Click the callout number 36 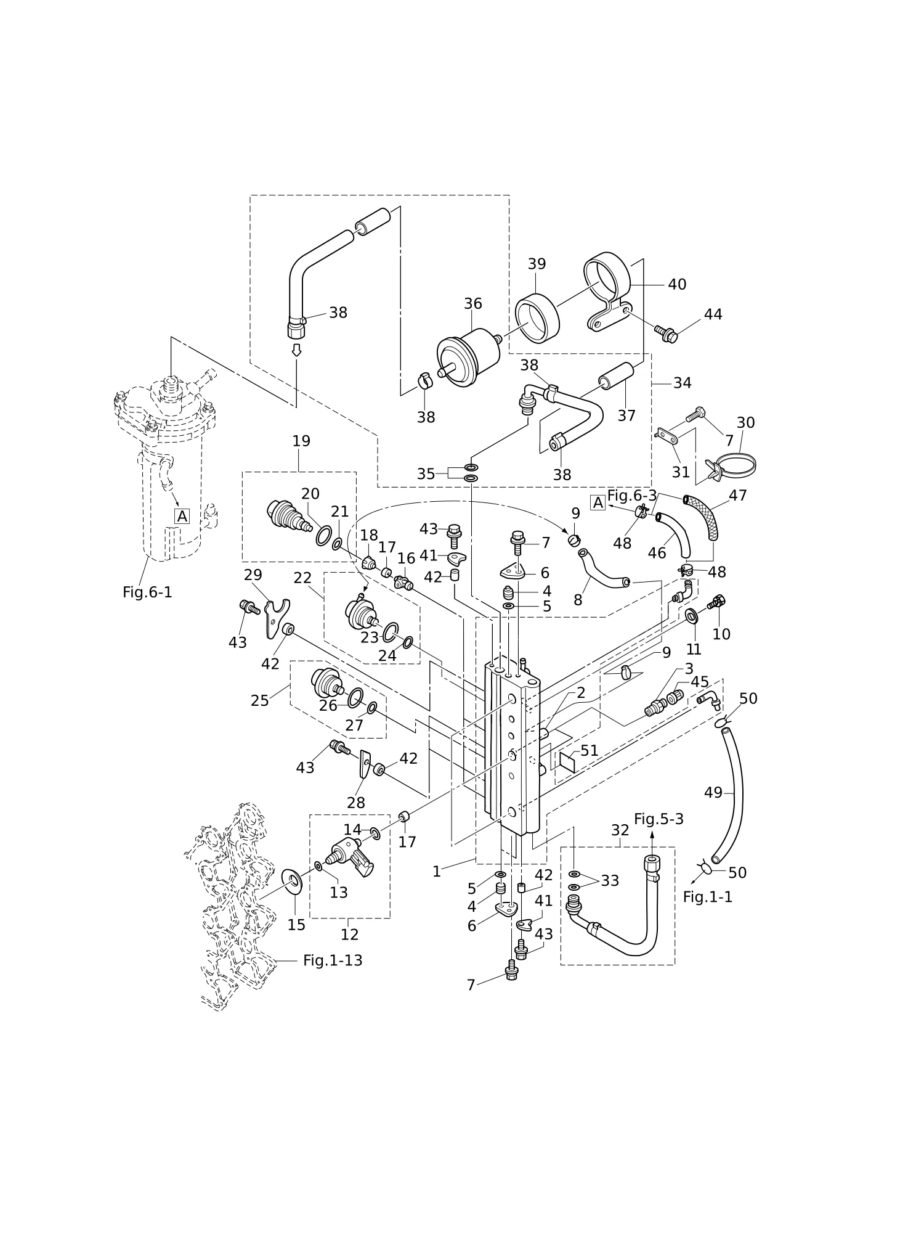pyautogui.click(x=473, y=304)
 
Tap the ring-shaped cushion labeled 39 pyautogui.click(x=537, y=317)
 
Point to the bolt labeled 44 pyautogui.click(x=666, y=334)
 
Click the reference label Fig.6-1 pyautogui.click(x=147, y=592)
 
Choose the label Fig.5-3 pyautogui.click(x=659, y=819)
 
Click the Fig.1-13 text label pyautogui.click(x=333, y=960)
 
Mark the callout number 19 pyautogui.click(x=301, y=441)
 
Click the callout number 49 pyautogui.click(x=713, y=793)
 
